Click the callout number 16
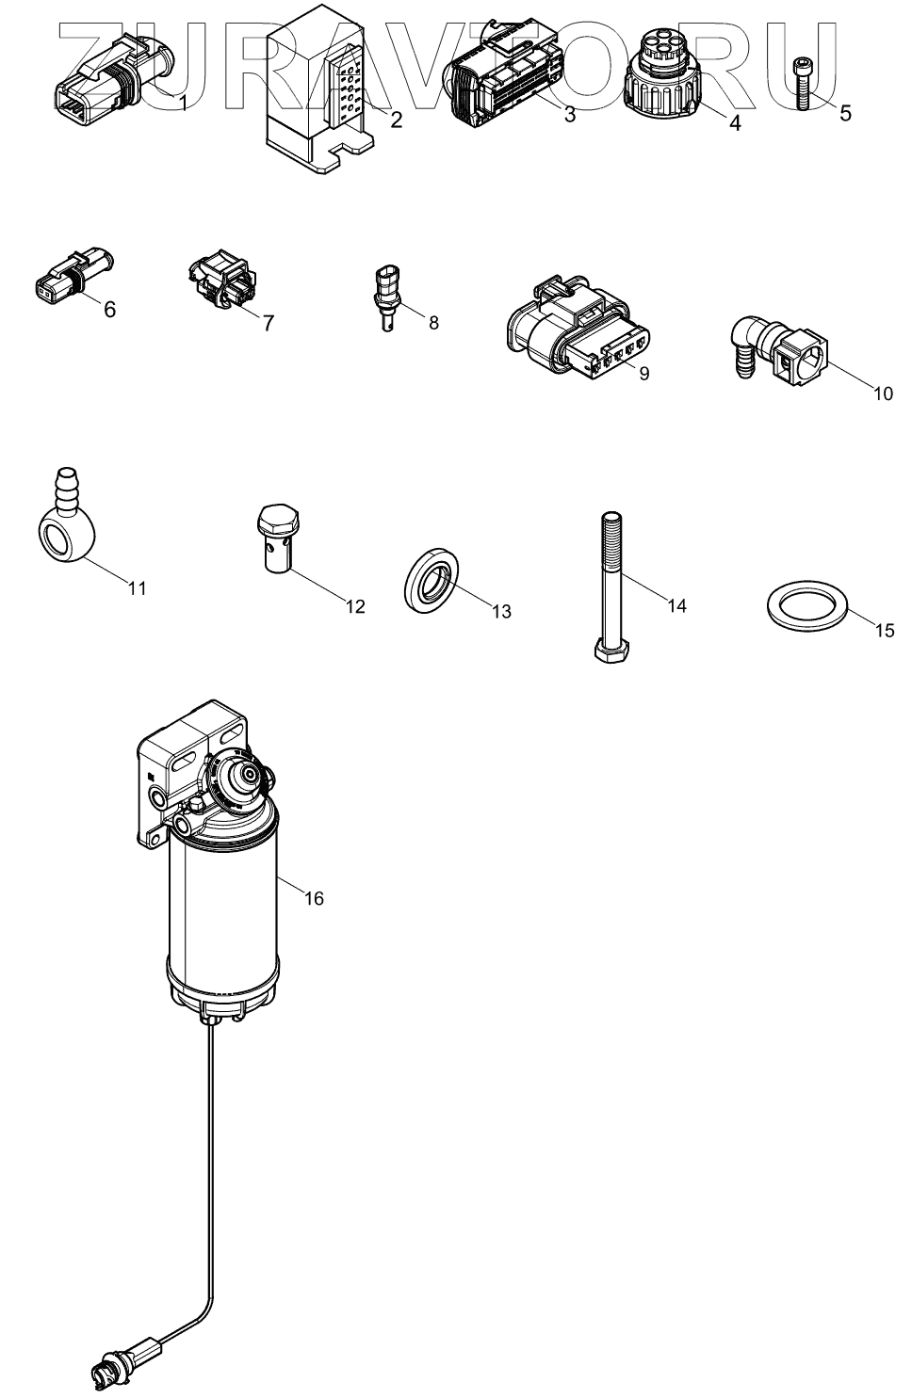[314, 898]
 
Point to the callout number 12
[354, 606]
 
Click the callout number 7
[268, 323]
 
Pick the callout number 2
[397, 120]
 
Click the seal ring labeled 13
[432, 587]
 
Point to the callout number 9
[644, 373]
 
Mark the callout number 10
[882, 394]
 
